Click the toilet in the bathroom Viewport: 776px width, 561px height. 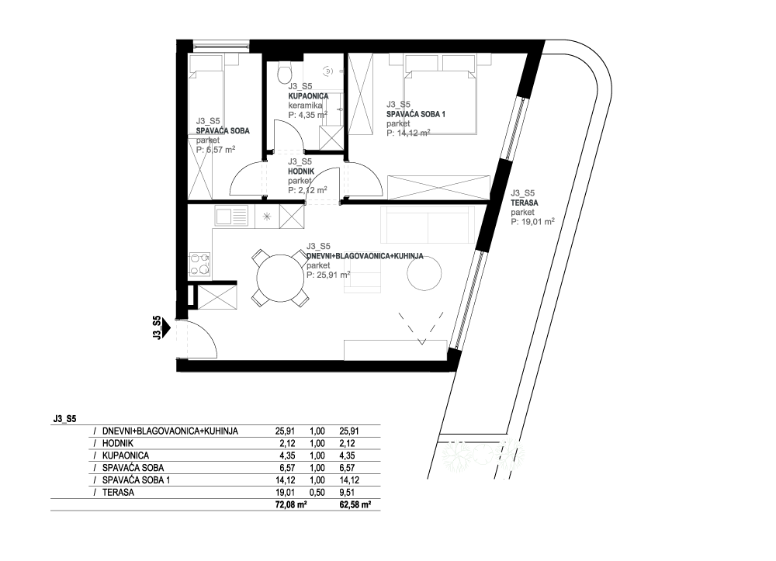[285, 72]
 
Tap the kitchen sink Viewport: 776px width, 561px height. [231, 216]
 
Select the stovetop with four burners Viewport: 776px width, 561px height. [199, 264]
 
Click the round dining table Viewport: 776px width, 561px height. [280, 278]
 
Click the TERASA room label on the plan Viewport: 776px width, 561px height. [525, 203]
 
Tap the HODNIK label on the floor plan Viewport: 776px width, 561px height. [301, 171]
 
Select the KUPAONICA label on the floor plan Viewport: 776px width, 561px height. [308, 96]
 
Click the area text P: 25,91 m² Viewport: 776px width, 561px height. [328, 275]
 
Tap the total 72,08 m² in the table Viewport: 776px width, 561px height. [291, 505]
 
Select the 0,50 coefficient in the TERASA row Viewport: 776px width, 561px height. [317, 492]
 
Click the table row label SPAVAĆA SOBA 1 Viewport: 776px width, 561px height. [136, 480]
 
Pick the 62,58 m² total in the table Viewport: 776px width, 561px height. [355, 505]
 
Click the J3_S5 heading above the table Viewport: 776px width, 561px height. [65, 419]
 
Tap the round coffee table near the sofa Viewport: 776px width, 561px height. [424, 274]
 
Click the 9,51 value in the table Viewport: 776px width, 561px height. [349, 492]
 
